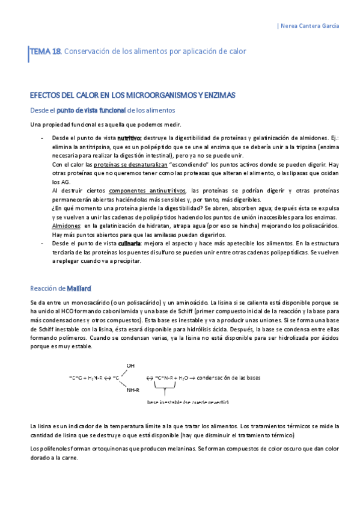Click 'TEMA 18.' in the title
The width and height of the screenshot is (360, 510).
tap(46, 52)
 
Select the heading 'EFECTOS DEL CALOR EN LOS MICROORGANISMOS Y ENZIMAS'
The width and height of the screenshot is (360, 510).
tap(132, 96)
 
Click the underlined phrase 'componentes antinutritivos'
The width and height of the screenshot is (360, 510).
tap(141, 191)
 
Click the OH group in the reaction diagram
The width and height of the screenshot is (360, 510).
tap(130, 365)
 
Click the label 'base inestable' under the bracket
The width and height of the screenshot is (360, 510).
tap(166, 401)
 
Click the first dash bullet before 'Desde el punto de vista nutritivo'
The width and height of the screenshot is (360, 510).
tap(41, 138)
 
